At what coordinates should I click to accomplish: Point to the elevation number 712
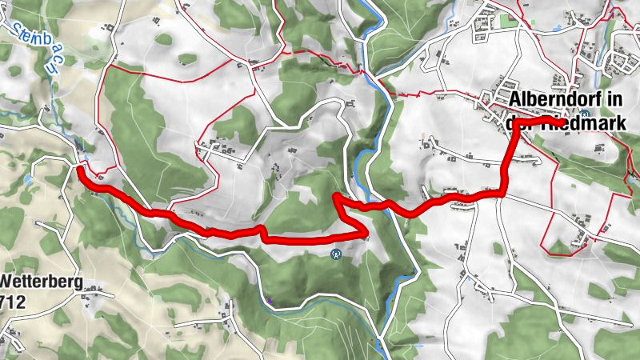(14, 302)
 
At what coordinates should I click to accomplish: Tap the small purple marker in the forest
(270, 300)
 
